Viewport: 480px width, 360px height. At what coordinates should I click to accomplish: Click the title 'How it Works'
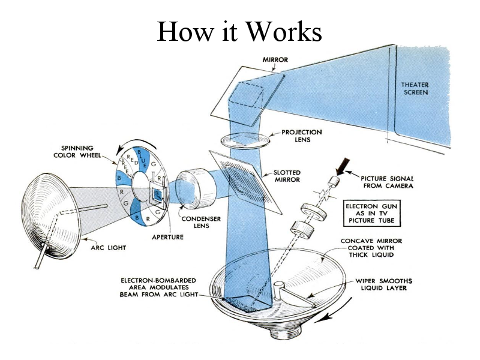(x=239, y=31)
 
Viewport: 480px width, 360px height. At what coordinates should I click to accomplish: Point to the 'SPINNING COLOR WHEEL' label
(x=86, y=152)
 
